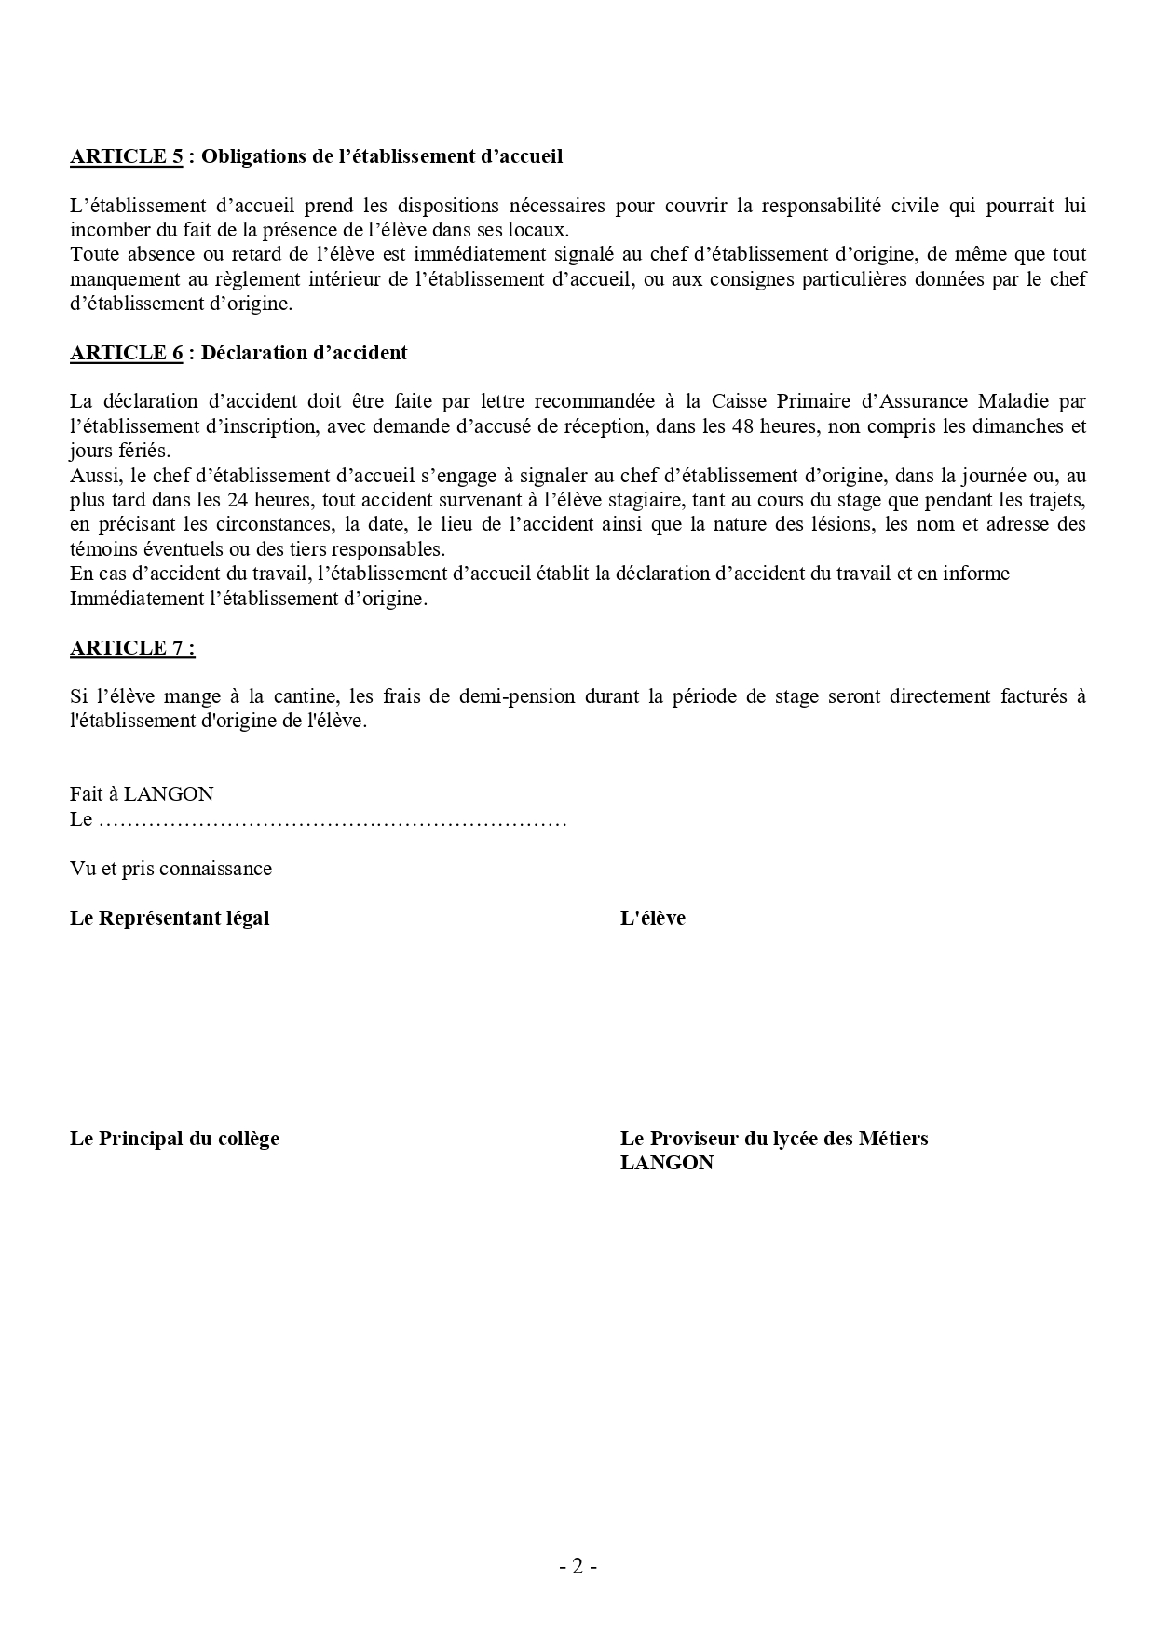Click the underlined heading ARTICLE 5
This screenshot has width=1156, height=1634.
pyautogui.click(x=126, y=156)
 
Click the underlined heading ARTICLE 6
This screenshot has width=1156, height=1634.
pyautogui.click(x=126, y=353)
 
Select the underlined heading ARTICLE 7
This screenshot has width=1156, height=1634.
pyautogui.click(x=132, y=648)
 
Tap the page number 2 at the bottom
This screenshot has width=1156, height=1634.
pyautogui.click(x=578, y=1567)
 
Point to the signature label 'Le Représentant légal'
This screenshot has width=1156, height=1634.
pyautogui.click(x=170, y=918)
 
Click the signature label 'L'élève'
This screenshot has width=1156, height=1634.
pyautogui.click(x=652, y=918)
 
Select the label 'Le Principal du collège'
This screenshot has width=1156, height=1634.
pyautogui.click(x=174, y=1139)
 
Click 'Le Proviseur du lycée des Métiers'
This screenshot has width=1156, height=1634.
pyautogui.click(x=774, y=1139)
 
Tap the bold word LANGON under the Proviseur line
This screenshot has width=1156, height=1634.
pyautogui.click(x=666, y=1163)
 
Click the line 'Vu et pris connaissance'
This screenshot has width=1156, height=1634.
pyautogui.click(x=170, y=869)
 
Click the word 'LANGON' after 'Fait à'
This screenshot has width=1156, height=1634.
pyautogui.click(x=169, y=794)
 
